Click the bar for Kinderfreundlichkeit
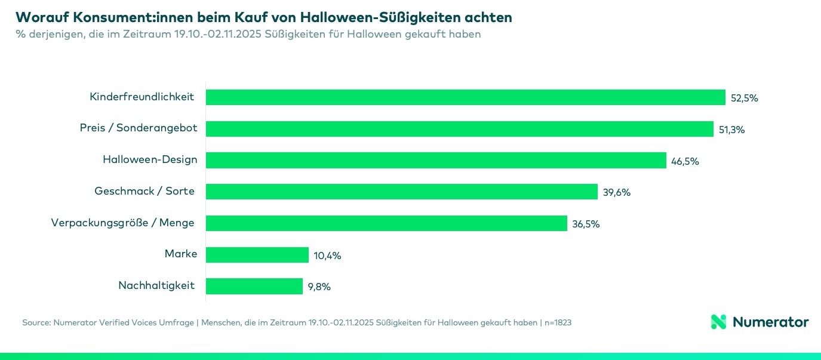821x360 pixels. coord(466,97)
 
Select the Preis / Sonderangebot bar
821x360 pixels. coord(460,129)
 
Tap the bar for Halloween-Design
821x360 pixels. coord(436,160)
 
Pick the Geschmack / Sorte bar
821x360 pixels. coord(402,192)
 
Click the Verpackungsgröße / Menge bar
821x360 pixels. coord(386,223)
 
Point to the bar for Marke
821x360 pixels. coord(257,255)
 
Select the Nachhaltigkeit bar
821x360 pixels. coord(254,286)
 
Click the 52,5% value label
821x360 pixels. coord(744,99)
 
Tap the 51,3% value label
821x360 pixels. coord(731,130)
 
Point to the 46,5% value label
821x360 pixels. coord(685,161)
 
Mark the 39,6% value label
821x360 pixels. coord(616,192)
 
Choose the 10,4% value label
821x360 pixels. coord(327,256)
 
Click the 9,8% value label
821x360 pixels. coord(319,287)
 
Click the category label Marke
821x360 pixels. coord(180,254)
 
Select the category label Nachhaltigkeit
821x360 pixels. coord(156,285)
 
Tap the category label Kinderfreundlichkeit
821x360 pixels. coord(142,97)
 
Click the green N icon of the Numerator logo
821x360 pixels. coord(718,322)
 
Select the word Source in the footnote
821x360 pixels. coord(35,322)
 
